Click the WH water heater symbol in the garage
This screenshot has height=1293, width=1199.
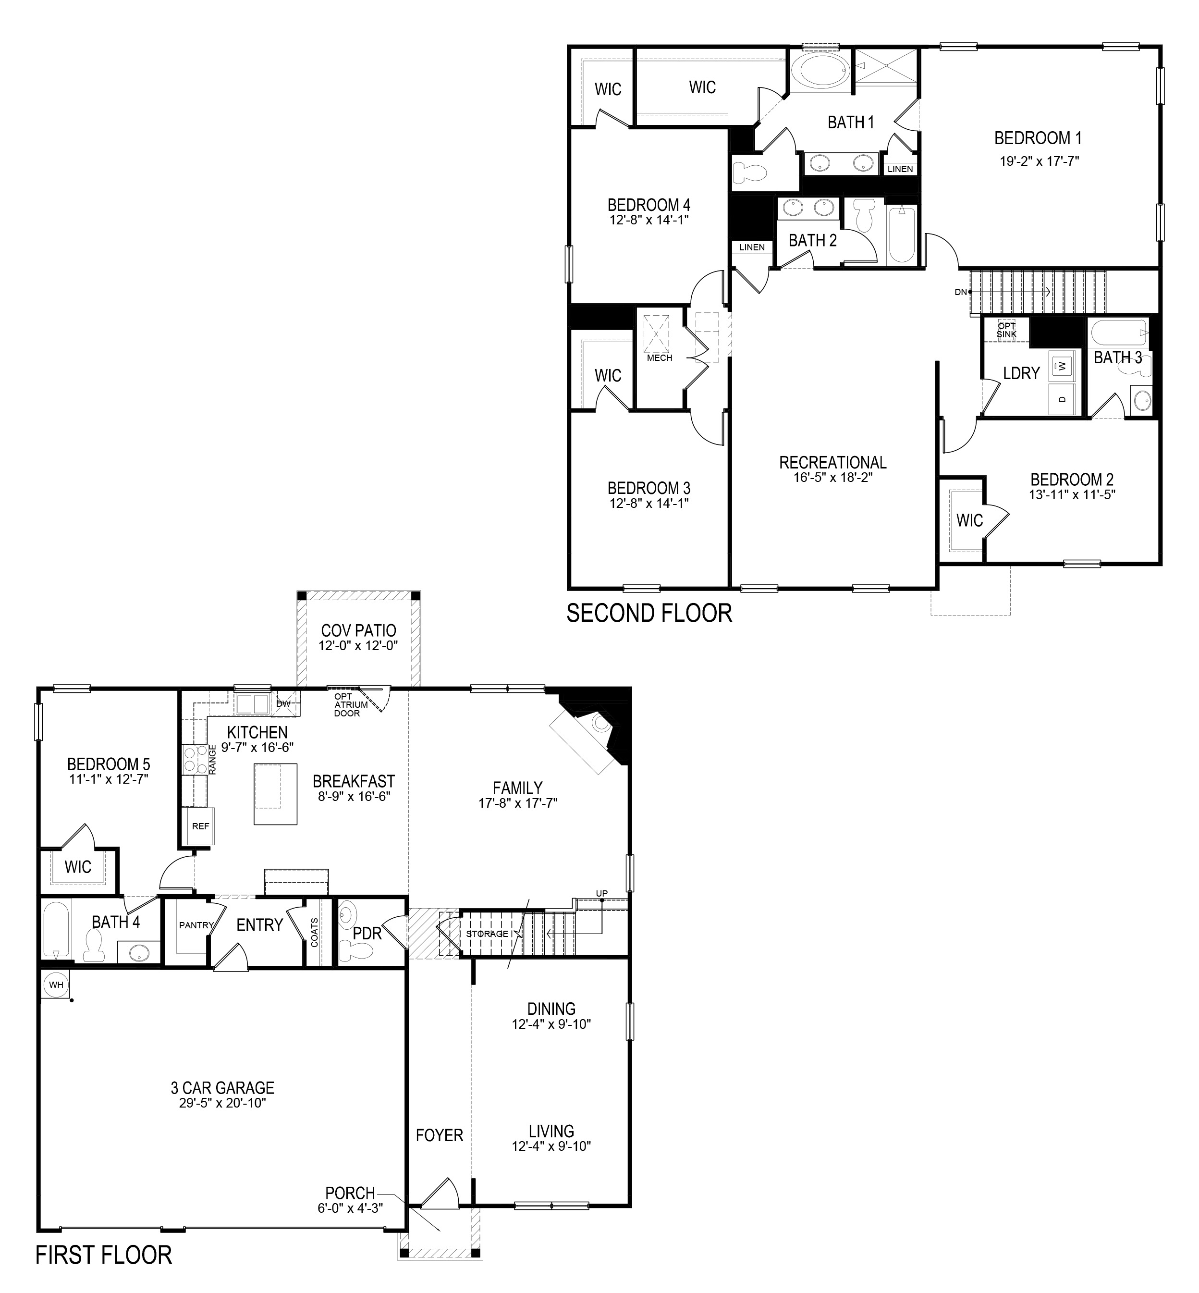tap(56, 985)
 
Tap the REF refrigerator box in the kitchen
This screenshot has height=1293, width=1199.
tap(200, 826)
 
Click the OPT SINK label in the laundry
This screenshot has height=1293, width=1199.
tap(1006, 330)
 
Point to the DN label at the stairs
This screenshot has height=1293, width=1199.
tap(961, 292)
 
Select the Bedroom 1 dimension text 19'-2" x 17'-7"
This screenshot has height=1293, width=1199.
tap(1039, 161)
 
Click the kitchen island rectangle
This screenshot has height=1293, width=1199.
tap(275, 794)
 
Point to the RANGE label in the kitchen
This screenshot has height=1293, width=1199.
tap(212, 758)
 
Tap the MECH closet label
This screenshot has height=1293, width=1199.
tap(659, 357)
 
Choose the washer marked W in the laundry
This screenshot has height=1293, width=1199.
tap(1062, 366)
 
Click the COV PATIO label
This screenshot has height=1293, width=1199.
tap(358, 630)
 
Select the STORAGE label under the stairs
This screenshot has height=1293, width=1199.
tap(487, 934)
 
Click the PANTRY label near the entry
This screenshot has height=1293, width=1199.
tap(196, 925)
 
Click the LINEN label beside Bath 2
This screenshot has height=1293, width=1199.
tap(752, 247)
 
